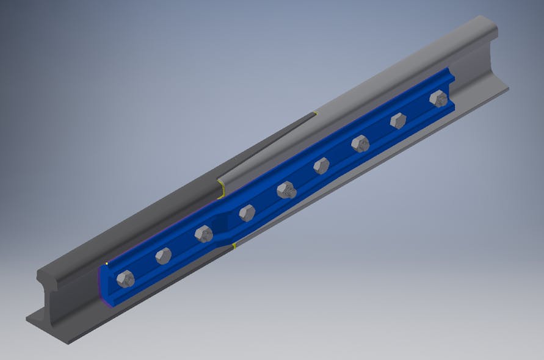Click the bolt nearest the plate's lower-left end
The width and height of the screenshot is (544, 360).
pos(125,279)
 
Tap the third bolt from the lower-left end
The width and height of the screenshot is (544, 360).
pos(203,233)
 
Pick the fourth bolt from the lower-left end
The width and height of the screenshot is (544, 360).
pos(247,212)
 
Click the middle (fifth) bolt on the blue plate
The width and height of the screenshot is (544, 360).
pos(286,190)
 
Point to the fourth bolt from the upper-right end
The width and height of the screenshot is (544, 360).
pos(321,165)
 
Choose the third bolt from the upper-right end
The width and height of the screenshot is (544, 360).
pos(360,143)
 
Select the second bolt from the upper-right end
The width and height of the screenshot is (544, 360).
pos(398,120)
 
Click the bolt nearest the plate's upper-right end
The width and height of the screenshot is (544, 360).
pos(438,98)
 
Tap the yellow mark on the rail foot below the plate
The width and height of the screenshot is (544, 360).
pos(234,246)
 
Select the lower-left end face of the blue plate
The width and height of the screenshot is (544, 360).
pos(103,284)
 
